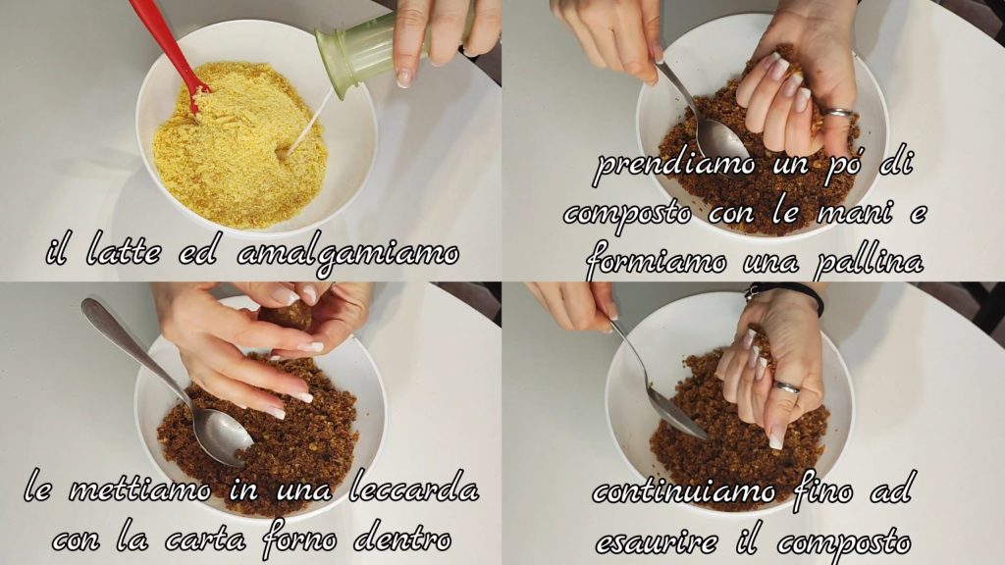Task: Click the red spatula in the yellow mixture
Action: pos(168,51)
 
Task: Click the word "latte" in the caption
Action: pos(123,253)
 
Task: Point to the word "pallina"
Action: pos(870,261)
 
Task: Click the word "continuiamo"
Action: pos(683,492)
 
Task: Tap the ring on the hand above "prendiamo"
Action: pos(838,114)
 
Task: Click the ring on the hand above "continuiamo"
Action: pos(787,386)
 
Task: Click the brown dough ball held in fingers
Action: pos(286,317)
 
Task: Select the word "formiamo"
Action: pos(656,263)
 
